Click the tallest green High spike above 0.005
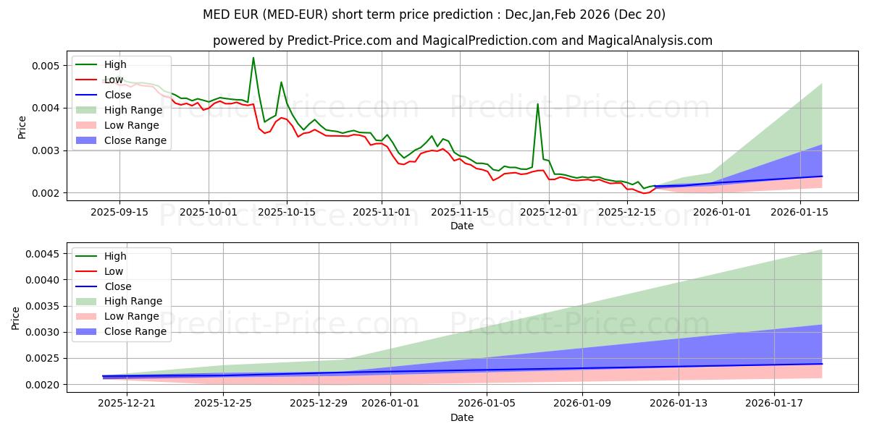click(x=253, y=58)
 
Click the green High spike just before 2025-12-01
click(x=537, y=104)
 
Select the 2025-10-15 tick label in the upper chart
click(x=287, y=211)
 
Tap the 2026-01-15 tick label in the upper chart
click(x=799, y=211)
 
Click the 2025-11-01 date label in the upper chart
click(x=382, y=211)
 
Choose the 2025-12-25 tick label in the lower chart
click(x=222, y=404)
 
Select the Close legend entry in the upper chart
click(x=118, y=95)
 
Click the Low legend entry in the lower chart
click(x=114, y=271)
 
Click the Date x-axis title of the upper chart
click(x=462, y=226)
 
